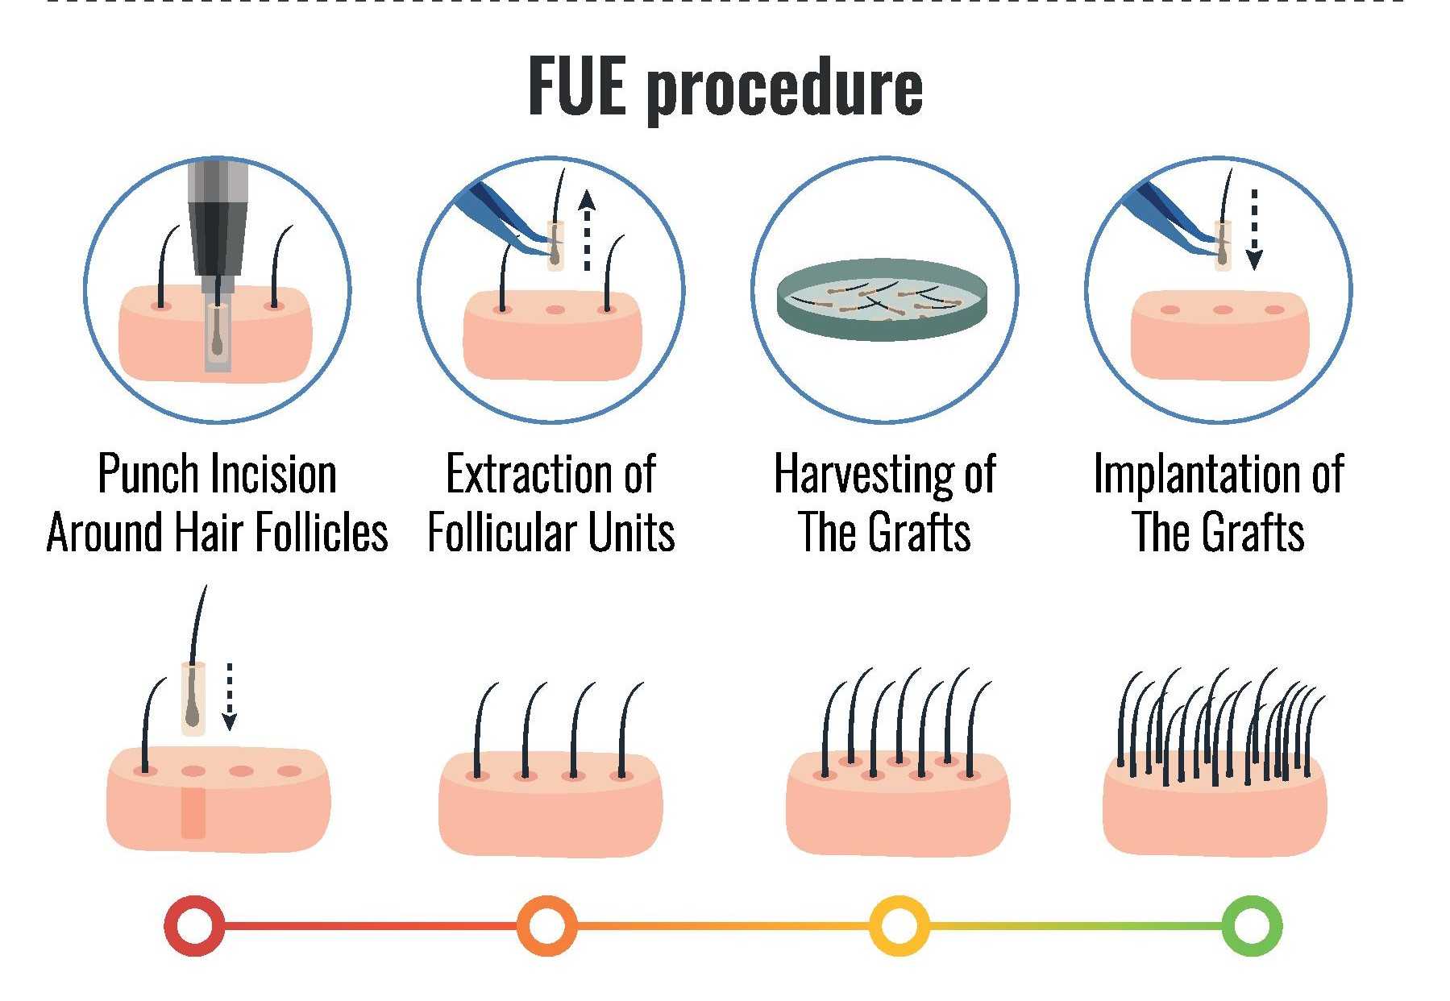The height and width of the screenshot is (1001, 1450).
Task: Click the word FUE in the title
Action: click(576, 86)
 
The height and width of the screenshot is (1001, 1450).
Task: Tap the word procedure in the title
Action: click(783, 89)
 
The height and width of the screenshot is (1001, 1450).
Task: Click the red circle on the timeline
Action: click(194, 925)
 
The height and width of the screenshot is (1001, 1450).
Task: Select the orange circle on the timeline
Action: click(547, 925)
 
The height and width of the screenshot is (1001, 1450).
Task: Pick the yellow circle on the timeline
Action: click(899, 925)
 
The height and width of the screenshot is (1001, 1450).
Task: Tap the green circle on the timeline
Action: click(1252, 925)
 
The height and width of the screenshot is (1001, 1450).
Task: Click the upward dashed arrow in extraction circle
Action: click(587, 230)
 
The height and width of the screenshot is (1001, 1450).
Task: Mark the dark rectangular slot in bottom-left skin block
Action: click(193, 812)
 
